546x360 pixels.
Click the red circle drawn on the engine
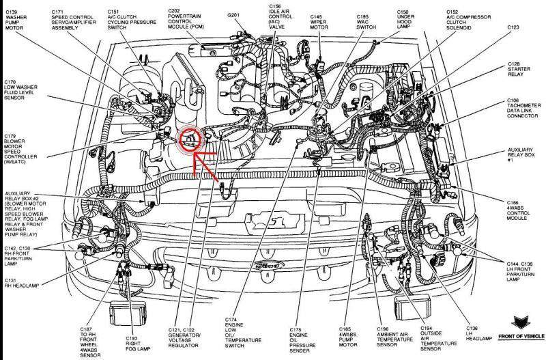click(188, 139)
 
